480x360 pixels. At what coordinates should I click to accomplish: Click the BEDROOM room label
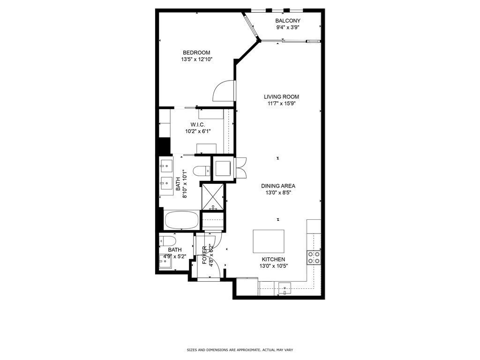[x=196, y=52]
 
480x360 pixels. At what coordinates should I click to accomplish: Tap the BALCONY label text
[x=288, y=21]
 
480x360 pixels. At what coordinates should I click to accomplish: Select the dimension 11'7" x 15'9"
[x=281, y=104]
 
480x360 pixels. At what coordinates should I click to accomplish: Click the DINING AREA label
[x=278, y=186]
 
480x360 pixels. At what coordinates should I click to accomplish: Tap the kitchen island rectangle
[x=269, y=241]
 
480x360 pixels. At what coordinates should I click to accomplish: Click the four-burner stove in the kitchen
[x=314, y=257]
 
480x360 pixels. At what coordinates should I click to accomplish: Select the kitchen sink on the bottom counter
[x=285, y=288]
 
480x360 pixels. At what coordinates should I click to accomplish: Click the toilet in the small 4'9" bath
[x=168, y=241]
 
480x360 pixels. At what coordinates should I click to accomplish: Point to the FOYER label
[x=204, y=255]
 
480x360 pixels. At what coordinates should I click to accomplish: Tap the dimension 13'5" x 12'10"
[x=196, y=60]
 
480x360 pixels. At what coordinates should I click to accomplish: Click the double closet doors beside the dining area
[x=241, y=167]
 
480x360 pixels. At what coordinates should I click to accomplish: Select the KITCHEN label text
[x=273, y=259]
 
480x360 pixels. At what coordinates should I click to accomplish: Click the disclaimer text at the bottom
[x=240, y=350]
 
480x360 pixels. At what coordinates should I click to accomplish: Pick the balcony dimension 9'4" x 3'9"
[x=288, y=27]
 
